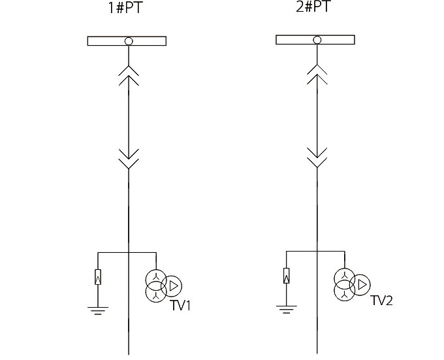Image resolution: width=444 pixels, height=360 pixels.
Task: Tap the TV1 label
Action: [180, 305]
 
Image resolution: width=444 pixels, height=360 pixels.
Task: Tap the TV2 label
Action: [382, 301]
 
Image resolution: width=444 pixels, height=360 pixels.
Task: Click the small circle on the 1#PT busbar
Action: [129, 41]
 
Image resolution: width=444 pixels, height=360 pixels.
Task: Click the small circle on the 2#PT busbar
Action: [317, 40]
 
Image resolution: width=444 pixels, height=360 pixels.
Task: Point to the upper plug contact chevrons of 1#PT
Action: [129, 76]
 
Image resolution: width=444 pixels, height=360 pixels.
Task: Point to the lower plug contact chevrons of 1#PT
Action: [129, 157]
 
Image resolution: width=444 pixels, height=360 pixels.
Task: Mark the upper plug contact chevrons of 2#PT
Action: [317, 74]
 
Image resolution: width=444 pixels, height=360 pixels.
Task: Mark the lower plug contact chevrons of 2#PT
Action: [317, 156]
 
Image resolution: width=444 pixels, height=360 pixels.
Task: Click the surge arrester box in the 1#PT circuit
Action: [98, 277]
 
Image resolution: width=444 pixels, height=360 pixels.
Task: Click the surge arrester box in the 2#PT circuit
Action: [287, 275]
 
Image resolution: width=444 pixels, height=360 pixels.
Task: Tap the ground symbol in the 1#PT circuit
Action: [98, 310]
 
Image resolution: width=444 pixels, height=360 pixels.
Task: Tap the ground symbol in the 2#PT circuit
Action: [287, 308]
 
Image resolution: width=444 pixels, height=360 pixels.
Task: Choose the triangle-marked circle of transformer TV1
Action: [172, 286]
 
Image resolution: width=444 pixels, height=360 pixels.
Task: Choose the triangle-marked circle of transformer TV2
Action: [361, 284]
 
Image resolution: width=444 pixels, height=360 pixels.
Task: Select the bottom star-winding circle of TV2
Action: [344, 290]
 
